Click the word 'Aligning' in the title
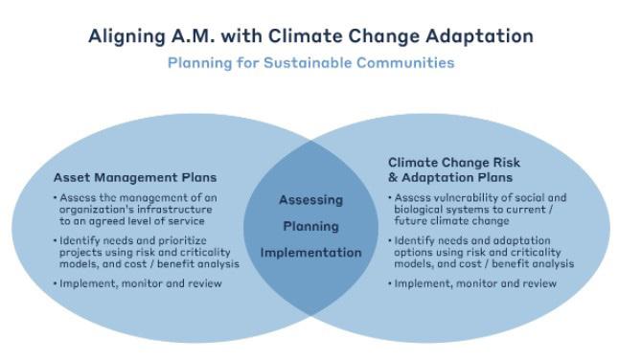(126, 36)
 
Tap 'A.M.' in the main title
(193, 35)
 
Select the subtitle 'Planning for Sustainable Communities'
(311, 62)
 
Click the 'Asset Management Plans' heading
(135, 177)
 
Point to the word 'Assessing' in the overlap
(311, 200)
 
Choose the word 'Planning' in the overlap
(311, 226)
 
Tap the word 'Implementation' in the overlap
(311, 253)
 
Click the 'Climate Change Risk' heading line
(454, 163)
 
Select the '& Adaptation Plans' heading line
(450, 177)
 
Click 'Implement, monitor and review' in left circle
(140, 283)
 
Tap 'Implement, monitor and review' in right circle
(475, 283)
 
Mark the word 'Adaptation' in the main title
(479, 36)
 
